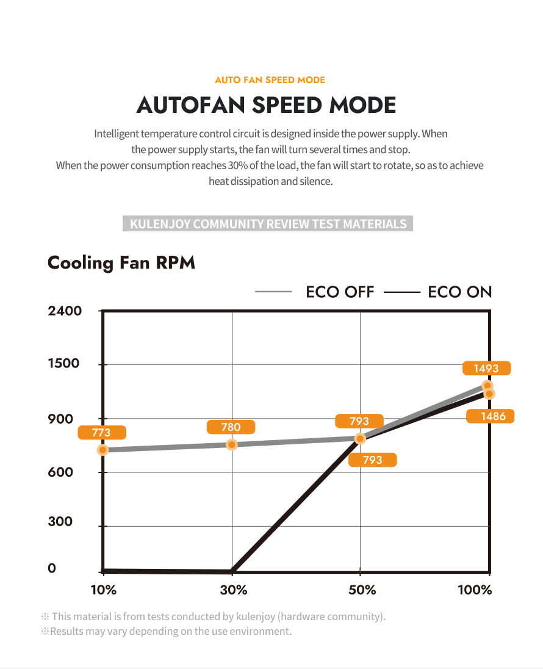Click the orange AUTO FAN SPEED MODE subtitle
pyautogui.click(x=270, y=80)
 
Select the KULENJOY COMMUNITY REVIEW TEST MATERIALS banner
pyautogui.click(x=268, y=223)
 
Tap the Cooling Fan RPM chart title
pyautogui.click(x=121, y=263)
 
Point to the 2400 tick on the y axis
pyautogui.click(x=64, y=311)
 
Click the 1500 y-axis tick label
pyautogui.click(x=63, y=364)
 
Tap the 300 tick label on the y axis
pyautogui.click(x=60, y=521)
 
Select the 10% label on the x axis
pyautogui.click(x=104, y=590)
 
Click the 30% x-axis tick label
pyautogui.click(x=233, y=590)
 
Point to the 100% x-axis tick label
pyautogui.click(x=475, y=590)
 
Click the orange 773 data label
pyautogui.click(x=101, y=433)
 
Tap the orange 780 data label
pyautogui.click(x=231, y=427)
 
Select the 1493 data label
pyautogui.click(x=486, y=368)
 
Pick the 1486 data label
pyautogui.click(x=490, y=416)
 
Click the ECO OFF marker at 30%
pyautogui.click(x=232, y=444)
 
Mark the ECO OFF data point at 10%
pyautogui.click(x=103, y=450)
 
